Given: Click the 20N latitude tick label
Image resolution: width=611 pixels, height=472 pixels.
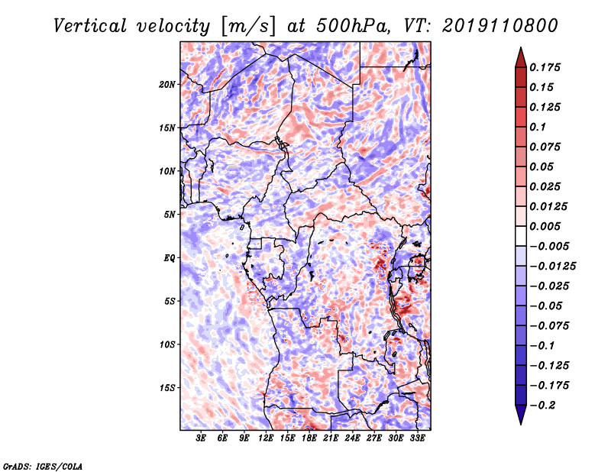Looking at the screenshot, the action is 167,85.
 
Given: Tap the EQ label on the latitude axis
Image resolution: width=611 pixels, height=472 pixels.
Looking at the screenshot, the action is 169,258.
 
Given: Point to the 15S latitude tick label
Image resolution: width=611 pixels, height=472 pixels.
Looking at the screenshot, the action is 167,388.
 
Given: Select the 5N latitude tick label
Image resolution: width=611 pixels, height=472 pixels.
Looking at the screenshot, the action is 170,215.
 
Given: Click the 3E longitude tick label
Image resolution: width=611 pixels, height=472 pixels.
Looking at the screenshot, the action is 201,438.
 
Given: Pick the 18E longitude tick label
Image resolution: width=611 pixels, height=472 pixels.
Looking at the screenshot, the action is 309,438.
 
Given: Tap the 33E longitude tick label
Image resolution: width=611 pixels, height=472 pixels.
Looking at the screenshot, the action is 417,438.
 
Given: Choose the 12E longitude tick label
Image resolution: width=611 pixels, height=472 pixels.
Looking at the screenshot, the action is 266,438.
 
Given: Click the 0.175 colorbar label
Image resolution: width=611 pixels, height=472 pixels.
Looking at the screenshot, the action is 545,67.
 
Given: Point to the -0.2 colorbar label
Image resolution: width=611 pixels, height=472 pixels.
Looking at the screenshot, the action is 542,406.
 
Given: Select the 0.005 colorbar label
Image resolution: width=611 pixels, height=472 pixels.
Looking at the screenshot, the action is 545,226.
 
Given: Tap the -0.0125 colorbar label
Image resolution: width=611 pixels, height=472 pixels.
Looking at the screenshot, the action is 552,267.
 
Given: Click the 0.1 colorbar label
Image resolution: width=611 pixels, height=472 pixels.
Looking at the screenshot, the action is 538,127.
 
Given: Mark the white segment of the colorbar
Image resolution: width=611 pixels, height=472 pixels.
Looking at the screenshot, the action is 521,236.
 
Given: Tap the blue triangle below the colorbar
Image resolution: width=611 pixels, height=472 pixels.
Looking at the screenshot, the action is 521,414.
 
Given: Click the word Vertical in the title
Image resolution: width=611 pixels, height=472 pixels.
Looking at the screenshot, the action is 90,26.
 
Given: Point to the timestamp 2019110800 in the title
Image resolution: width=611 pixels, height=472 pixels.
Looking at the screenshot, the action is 500,26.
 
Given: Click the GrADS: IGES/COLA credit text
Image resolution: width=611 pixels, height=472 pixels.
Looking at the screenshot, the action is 43,466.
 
